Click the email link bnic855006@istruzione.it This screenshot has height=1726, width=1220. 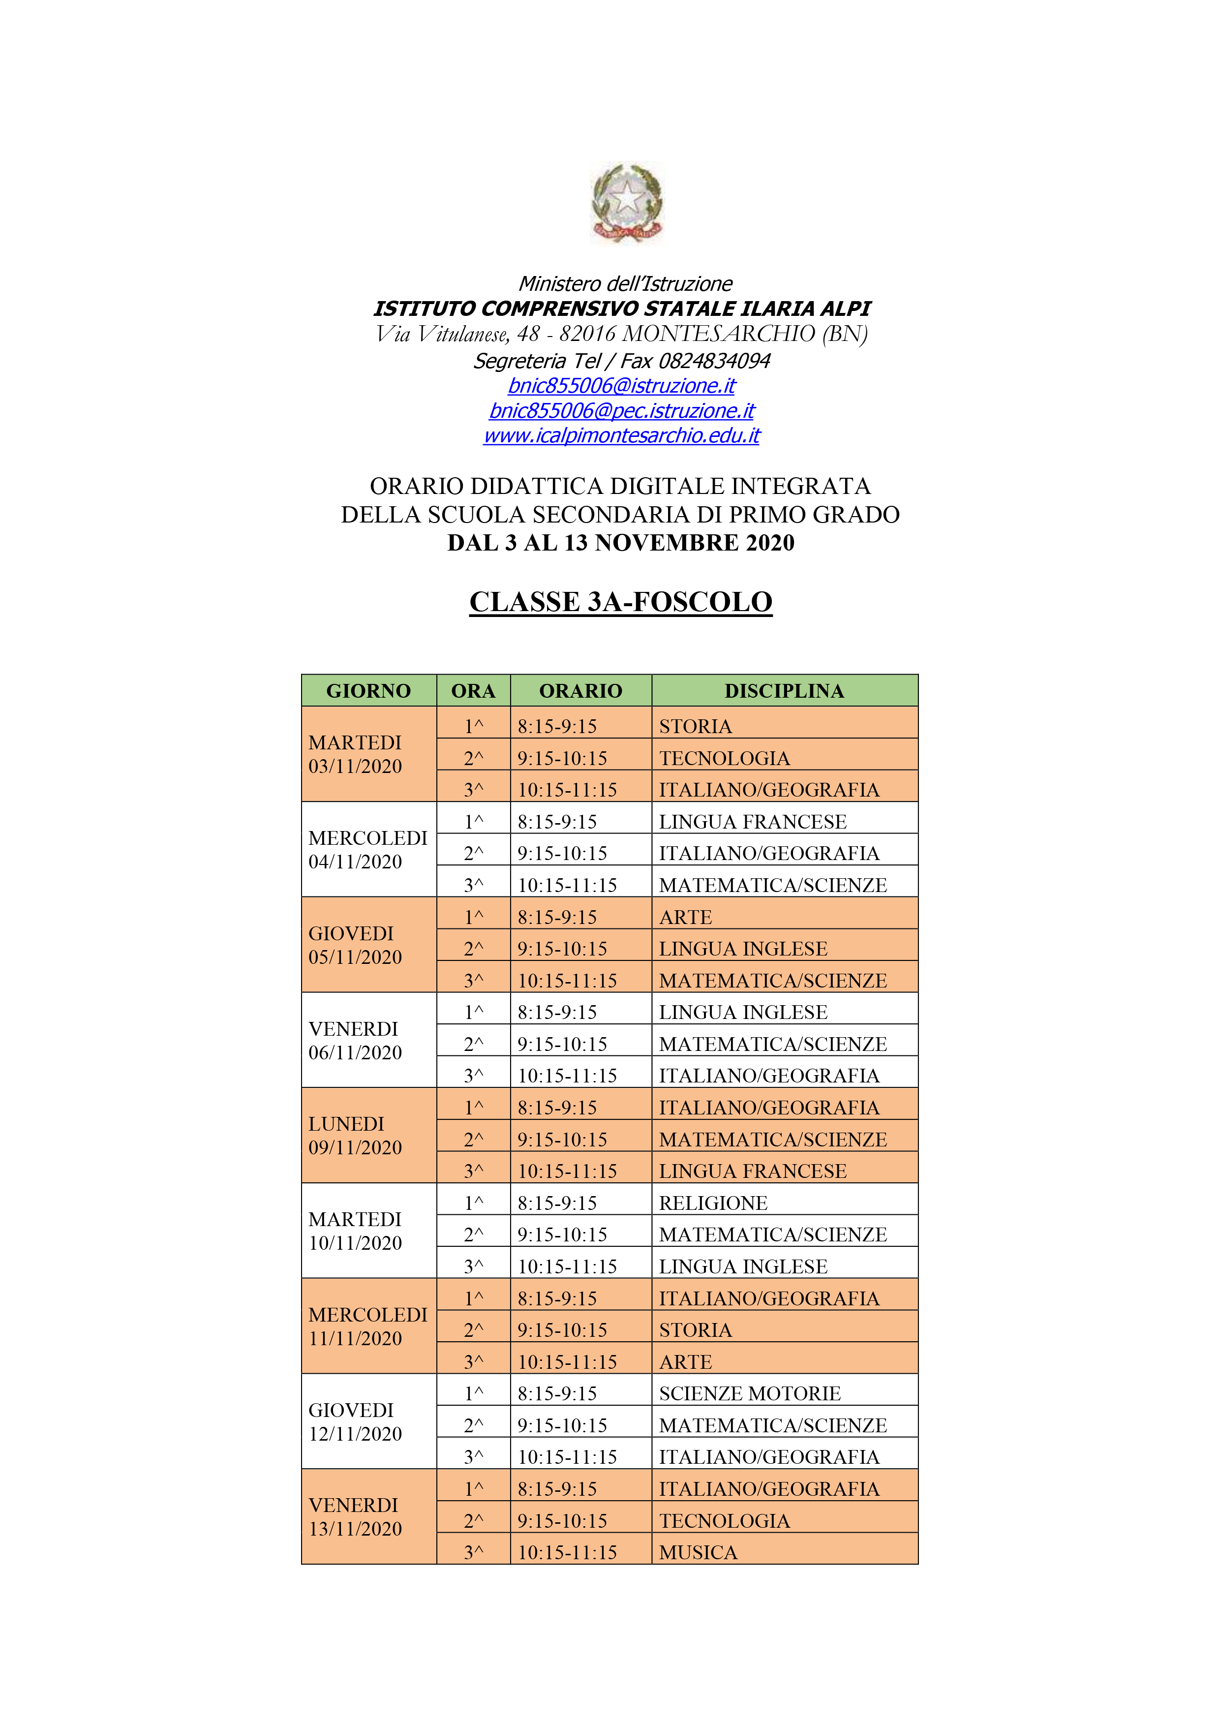622,386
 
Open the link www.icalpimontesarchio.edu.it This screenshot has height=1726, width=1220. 622,435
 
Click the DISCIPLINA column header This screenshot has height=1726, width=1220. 784,691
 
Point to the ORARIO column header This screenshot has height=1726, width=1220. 580,691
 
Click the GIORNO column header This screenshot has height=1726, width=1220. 368,691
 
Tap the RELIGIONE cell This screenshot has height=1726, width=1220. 713,1203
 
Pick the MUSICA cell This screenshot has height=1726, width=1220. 699,1552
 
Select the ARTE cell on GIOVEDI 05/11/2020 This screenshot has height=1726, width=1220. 686,917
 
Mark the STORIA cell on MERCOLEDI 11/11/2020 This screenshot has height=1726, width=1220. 695,1330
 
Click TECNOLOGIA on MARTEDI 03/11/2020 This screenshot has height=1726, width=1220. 725,758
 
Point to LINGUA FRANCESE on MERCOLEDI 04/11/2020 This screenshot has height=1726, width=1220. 753,822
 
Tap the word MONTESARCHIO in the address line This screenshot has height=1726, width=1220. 719,334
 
